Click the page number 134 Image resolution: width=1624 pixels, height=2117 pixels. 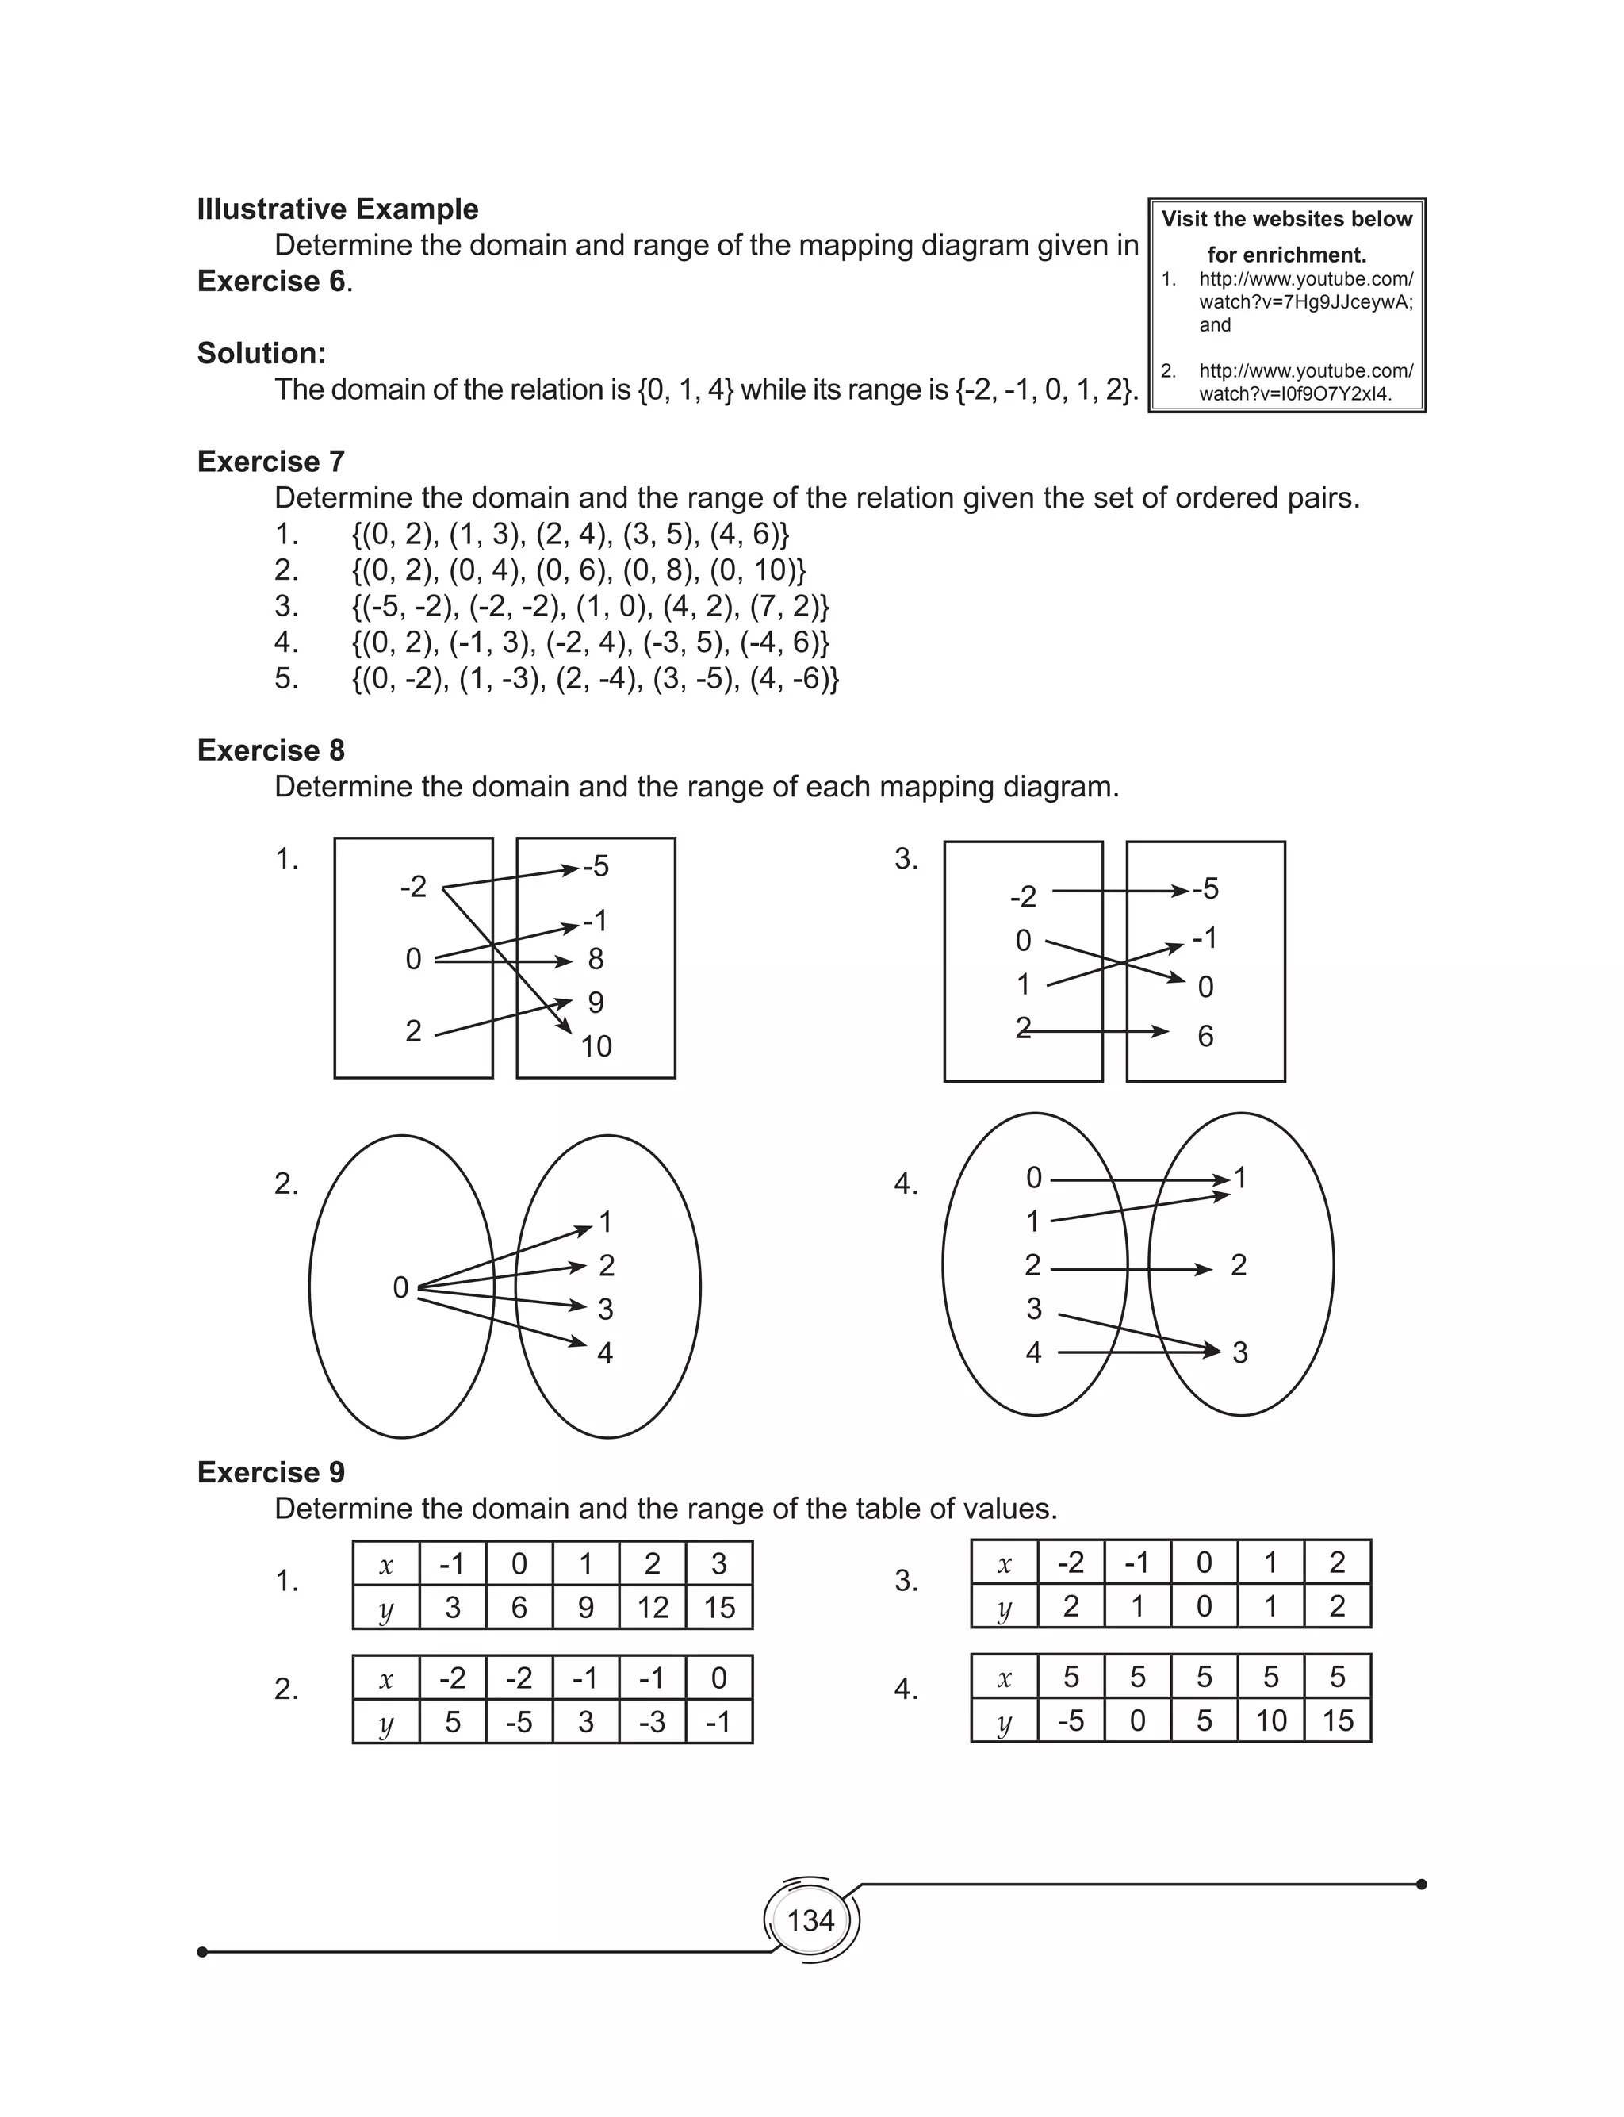coord(810,1919)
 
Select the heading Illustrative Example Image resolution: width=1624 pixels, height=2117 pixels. coord(337,209)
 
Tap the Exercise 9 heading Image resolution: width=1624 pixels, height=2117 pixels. coord(270,1471)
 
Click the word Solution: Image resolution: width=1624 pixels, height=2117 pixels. coord(261,353)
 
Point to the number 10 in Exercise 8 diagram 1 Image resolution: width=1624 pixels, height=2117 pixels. coord(596,1046)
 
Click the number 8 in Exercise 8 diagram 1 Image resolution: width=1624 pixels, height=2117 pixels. coord(596,959)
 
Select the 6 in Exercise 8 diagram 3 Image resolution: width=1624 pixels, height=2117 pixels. coord(1205,1036)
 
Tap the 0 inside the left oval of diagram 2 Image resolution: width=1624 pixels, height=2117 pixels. coord(400,1287)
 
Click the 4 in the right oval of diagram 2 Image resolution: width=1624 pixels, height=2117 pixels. coord(605,1352)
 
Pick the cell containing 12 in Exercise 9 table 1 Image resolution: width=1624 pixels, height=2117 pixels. coord(653,1608)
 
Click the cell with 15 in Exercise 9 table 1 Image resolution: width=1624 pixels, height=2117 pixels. coord(719,1608)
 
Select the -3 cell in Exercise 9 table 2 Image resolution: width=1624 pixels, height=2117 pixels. coord(653,1722)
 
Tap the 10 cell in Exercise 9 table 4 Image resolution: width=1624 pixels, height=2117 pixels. coord(1270,1720)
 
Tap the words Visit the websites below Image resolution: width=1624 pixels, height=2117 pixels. coord(1287,220)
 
